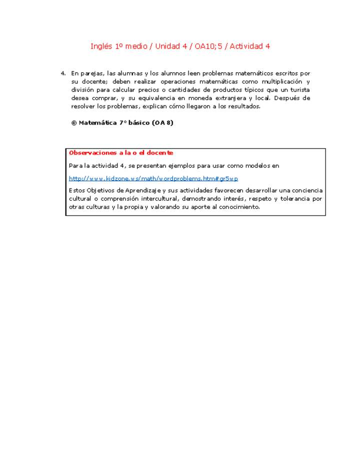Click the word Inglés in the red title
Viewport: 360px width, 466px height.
pyautogui.click(x=101, y=46)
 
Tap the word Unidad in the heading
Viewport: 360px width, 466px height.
pyautogui.click(x=168, y=46)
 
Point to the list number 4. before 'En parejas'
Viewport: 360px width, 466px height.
pyautogui.click(x=63, y=73)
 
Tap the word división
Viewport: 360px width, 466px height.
pyautogui.click(x=83, y=89)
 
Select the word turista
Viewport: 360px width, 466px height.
pyautogui.click(x=299, y=89)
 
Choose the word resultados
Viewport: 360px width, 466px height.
pyautogui.click(x=243, y=106)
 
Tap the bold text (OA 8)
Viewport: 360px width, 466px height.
pyautogui.click(x=164, y=122)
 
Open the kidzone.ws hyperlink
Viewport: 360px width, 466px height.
pyautogui.click(x=153, y=178)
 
